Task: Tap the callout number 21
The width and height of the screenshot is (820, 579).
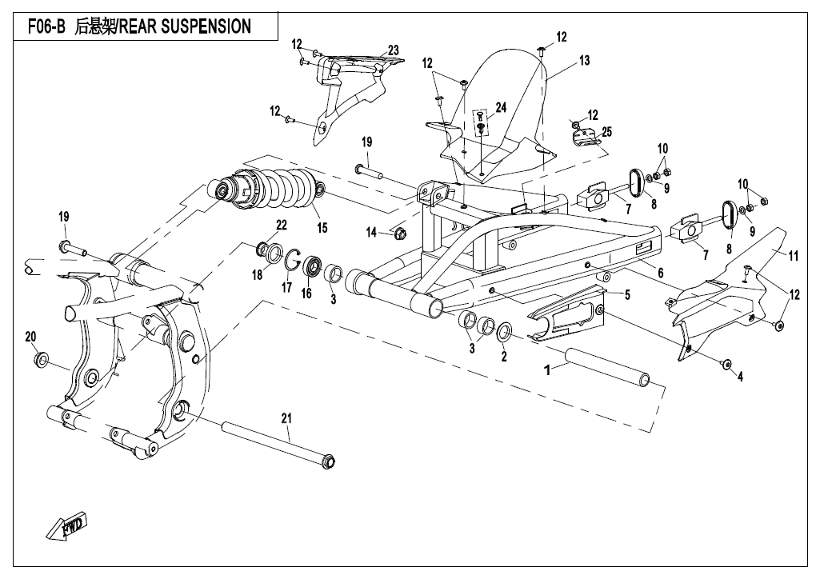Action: point(286,417)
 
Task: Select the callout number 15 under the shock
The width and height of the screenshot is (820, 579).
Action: point(322,229)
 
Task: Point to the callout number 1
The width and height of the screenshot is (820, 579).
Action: point(548,371)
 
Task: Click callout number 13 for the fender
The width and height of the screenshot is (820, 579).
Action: point(585,60)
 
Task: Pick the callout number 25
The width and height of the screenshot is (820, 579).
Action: point(606,132)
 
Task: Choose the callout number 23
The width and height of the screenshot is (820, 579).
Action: point(393,50)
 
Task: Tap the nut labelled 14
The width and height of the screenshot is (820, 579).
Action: point(401,234)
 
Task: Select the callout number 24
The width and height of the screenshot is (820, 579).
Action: point(501,107)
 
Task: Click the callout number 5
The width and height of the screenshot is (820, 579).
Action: point(627,295)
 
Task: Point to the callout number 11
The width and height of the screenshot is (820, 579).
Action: point(794,256)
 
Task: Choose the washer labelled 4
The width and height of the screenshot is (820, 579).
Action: point(726,365)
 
